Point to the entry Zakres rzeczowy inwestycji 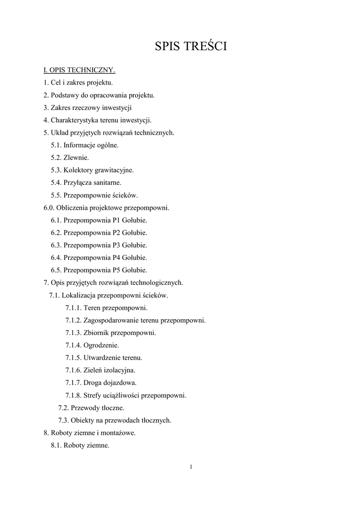click(88, 107)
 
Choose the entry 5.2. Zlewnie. click(70, 158)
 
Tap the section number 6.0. click(49, 208)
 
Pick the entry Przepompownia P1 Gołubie click(99, 220)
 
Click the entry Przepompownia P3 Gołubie click(99, 245)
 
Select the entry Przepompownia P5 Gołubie click(99, 270)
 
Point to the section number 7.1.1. click(73, 308)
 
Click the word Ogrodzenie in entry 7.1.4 click(101, 345)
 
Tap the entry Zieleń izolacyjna click(100, 370)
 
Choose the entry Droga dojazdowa click(100, 383)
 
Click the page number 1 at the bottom click(190, 466)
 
